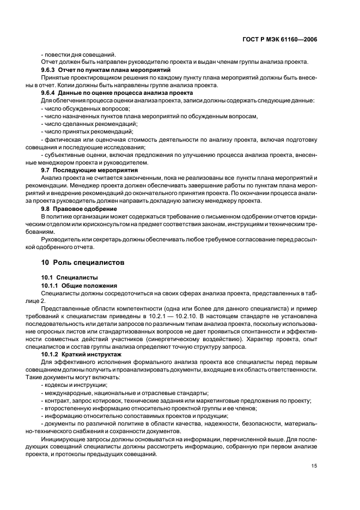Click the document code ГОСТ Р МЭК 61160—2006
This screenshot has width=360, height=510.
pos(280,40)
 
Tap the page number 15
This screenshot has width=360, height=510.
pos(314,465)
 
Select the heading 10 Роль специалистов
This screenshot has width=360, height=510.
pos(83,262)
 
